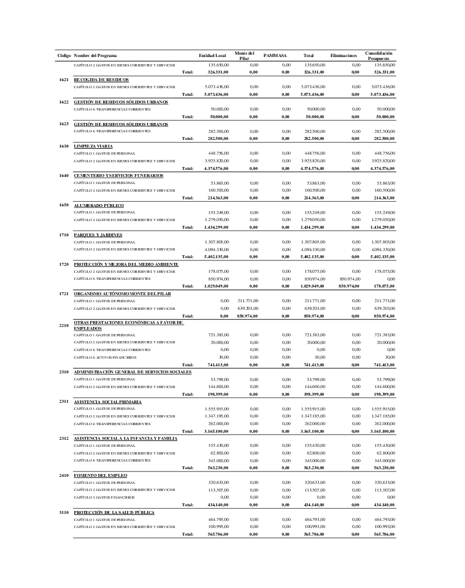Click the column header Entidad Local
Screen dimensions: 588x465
[x=209, y=55]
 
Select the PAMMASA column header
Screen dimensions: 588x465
[x=274, y=55]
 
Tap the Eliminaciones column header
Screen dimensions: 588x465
[x=343, y=55]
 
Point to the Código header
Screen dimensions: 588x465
[x=65, y=55]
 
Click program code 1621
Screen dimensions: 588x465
[x=65, y=79]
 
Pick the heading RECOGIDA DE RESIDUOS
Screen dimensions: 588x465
[x=102, y=79]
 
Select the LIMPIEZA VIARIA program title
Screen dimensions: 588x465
[x=93, y=146]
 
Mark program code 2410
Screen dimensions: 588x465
[x=65, y=475]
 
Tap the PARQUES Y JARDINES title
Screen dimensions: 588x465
[x=98, y=235]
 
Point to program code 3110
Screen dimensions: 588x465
[x=65, y=512]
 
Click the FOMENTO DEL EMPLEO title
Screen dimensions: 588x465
[x=100, y=475]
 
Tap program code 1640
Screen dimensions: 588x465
[x=65, y=175]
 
